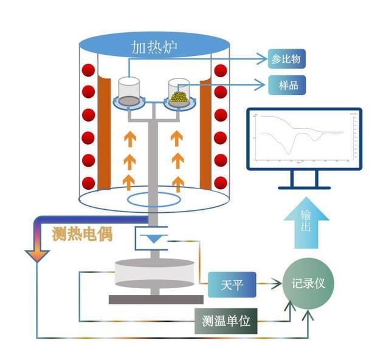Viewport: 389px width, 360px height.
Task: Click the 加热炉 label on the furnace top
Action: tap(155, 47)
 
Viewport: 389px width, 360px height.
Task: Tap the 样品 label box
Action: tap(285, 83)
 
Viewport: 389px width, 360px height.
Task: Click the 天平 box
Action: tap(233, 285)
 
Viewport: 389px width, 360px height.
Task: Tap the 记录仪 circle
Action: tap(308, 285)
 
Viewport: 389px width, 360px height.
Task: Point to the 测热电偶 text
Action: tap(83, 233)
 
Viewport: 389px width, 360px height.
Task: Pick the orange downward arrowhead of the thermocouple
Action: tap(38, 255)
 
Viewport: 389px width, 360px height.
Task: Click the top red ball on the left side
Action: tap(89, 70)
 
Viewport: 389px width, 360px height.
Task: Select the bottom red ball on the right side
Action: tap(221, 181)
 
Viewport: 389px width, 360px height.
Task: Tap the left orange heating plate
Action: tap(105, 134)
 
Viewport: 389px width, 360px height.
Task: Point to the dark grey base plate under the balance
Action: tap(155, 299)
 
